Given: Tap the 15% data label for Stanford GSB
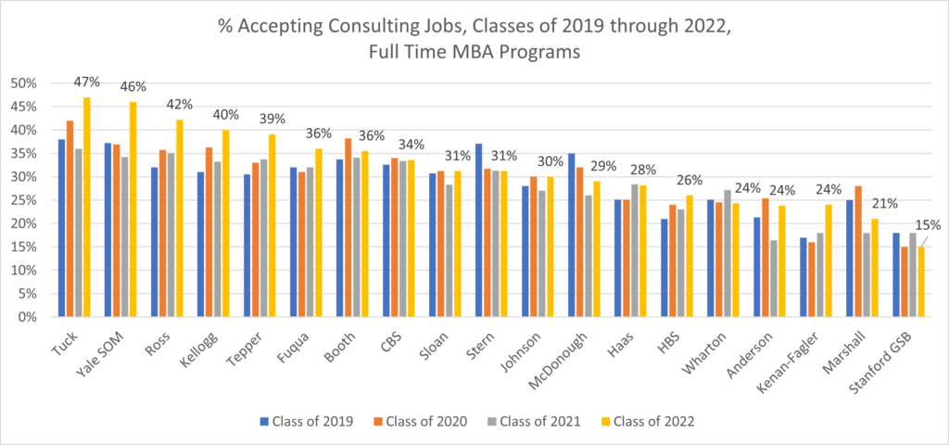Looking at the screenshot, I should [x=927, y=224].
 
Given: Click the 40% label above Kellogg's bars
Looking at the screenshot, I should [x=226, y=115].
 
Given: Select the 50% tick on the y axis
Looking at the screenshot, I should [x=23, y=83].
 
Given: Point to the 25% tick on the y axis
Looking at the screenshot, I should [x=23, y=200].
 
